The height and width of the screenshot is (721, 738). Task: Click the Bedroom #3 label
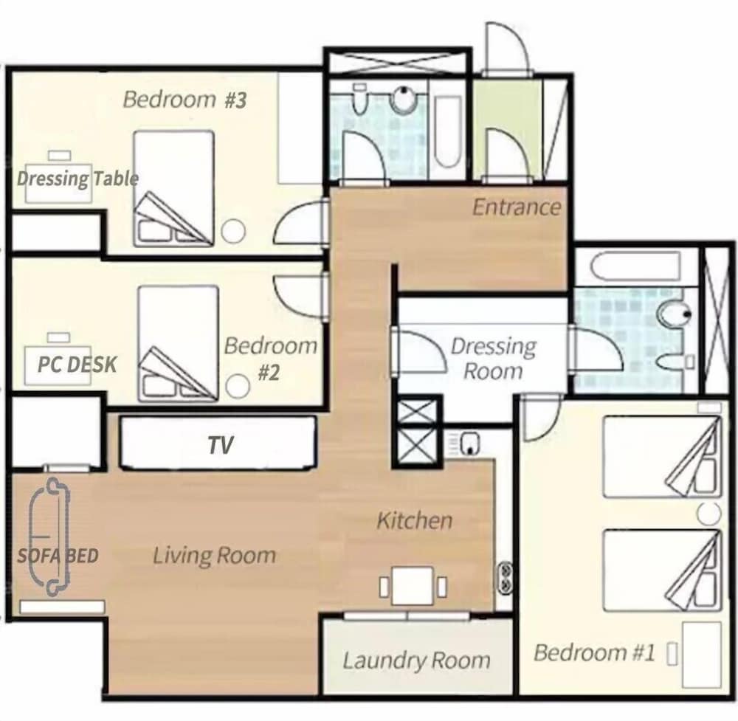coord(184,100)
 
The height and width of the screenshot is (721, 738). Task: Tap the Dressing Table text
coord(77,179)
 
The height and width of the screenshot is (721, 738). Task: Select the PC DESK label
coord(77,365)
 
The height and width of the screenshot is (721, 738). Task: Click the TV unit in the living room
coord(218,443)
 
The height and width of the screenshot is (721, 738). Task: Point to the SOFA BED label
coord(58,556)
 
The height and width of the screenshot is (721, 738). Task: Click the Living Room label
coord(214,556)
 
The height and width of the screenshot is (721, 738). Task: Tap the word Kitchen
coord(414,520)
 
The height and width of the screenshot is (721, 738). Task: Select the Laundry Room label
coord(416,660)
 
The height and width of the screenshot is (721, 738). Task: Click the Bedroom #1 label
coord(594,653)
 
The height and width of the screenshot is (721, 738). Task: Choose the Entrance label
coord(517,207)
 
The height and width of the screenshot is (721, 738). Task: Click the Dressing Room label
coord(493,359)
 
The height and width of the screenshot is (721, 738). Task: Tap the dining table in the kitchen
coord(413,585)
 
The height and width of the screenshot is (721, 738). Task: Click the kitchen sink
coord(469,444)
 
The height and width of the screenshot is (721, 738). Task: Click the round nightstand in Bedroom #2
coord(237,386)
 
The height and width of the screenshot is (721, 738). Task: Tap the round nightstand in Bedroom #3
coord(233,232)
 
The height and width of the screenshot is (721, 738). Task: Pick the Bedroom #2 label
coord(270,359)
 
